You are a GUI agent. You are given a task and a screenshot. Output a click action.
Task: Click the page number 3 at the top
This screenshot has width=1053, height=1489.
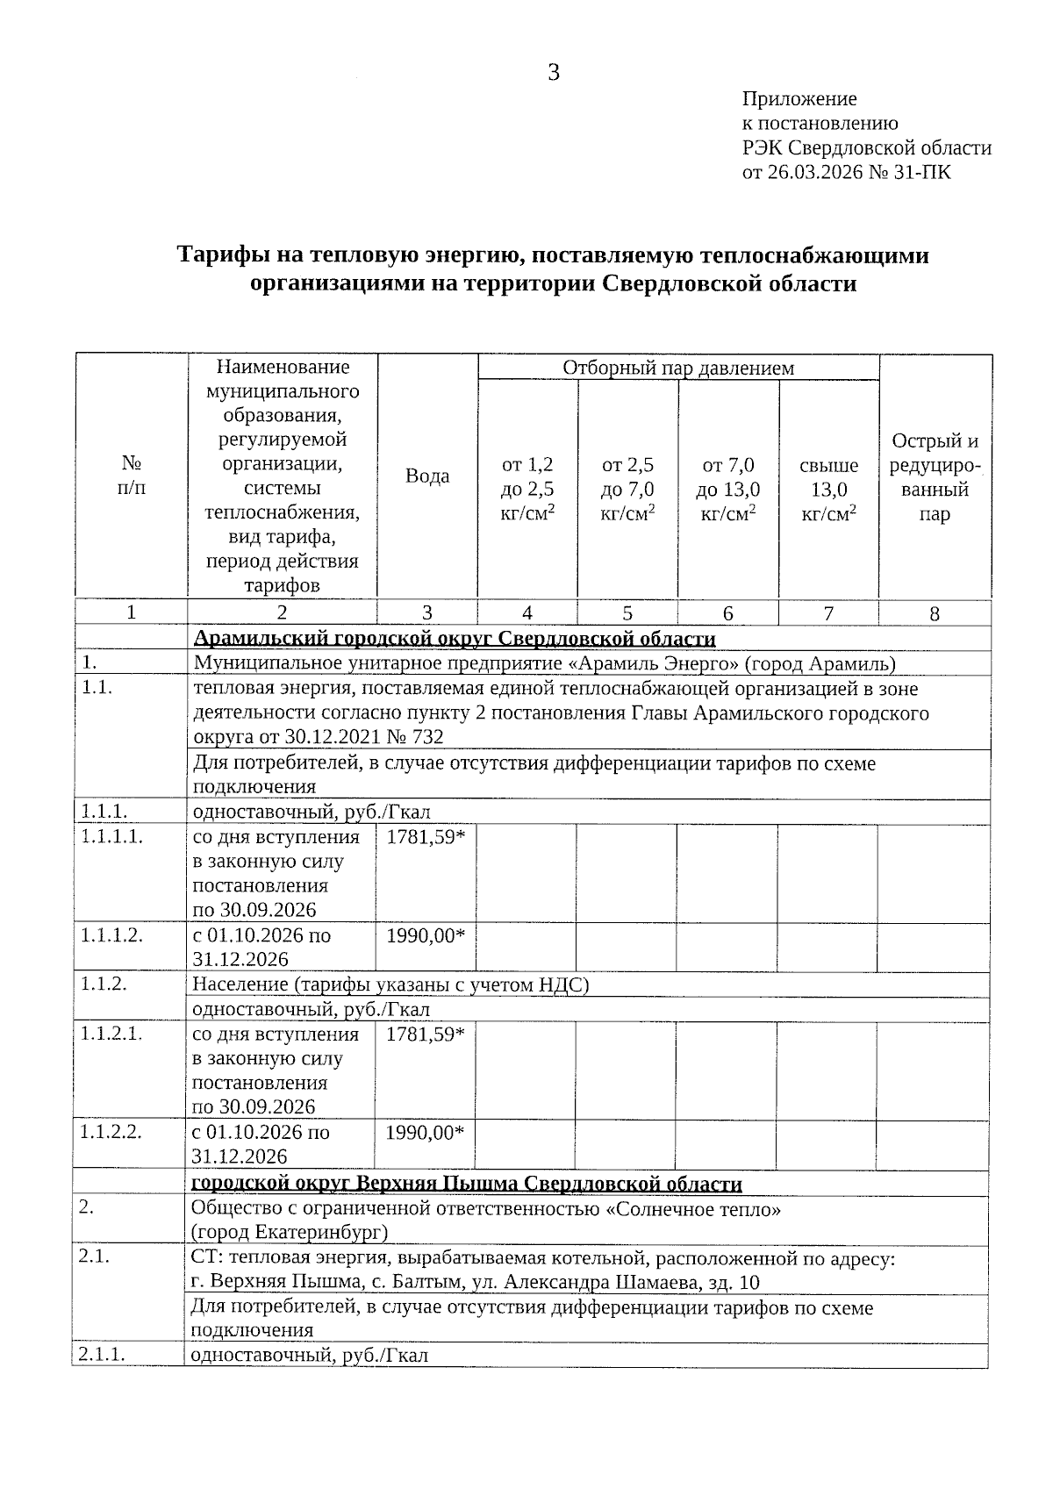[554, 73]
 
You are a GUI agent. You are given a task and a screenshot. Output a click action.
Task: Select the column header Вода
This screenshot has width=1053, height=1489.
[427, 476]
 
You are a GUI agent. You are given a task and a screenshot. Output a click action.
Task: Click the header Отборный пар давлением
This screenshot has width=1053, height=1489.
[677, 368]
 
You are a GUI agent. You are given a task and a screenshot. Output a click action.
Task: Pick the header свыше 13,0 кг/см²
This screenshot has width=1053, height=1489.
[828, 489]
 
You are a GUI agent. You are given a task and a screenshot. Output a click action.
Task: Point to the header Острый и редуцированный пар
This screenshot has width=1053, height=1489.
[935, 477]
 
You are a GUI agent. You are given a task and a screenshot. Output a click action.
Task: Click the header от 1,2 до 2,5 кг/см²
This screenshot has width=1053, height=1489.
[526, 489]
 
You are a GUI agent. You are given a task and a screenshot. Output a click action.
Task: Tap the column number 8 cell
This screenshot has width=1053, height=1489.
[935, 614]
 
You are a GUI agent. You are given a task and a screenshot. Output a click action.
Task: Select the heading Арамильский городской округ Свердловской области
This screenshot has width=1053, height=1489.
[454, 639]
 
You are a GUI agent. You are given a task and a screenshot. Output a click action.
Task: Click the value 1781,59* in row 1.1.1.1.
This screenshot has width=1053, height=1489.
[426, 837]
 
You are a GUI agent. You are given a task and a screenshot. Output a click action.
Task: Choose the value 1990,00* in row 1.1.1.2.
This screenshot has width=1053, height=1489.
[426, 935]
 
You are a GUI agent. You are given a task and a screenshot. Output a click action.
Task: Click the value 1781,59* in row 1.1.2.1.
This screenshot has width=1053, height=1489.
[426, 1034]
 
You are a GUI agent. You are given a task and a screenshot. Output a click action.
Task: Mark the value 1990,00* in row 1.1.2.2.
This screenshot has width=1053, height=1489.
[426, 1132]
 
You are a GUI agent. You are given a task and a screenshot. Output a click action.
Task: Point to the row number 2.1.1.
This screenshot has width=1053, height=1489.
[102, 1354]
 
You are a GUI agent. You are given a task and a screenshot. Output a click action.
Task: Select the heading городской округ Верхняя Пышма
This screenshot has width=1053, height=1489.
[466, 1184]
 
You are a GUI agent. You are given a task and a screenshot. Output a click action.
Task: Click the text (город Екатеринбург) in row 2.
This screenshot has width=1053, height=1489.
[290, 1232]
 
